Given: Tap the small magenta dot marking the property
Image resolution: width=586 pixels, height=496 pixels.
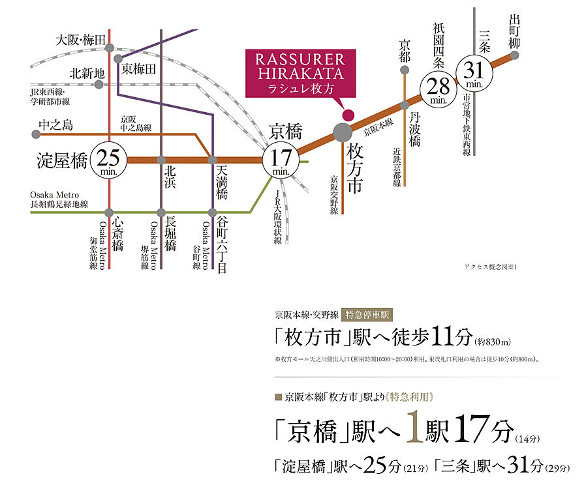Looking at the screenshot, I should (348, 114).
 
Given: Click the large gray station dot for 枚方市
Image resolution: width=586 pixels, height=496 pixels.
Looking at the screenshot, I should (342, 132).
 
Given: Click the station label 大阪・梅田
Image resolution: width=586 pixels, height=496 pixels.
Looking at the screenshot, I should (80, 40).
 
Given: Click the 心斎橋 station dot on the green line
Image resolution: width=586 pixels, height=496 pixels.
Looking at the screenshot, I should (109, 212).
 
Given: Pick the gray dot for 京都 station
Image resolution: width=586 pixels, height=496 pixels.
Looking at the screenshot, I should (405, 69).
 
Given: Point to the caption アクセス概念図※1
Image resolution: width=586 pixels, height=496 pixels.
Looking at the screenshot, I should (489, 268).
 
